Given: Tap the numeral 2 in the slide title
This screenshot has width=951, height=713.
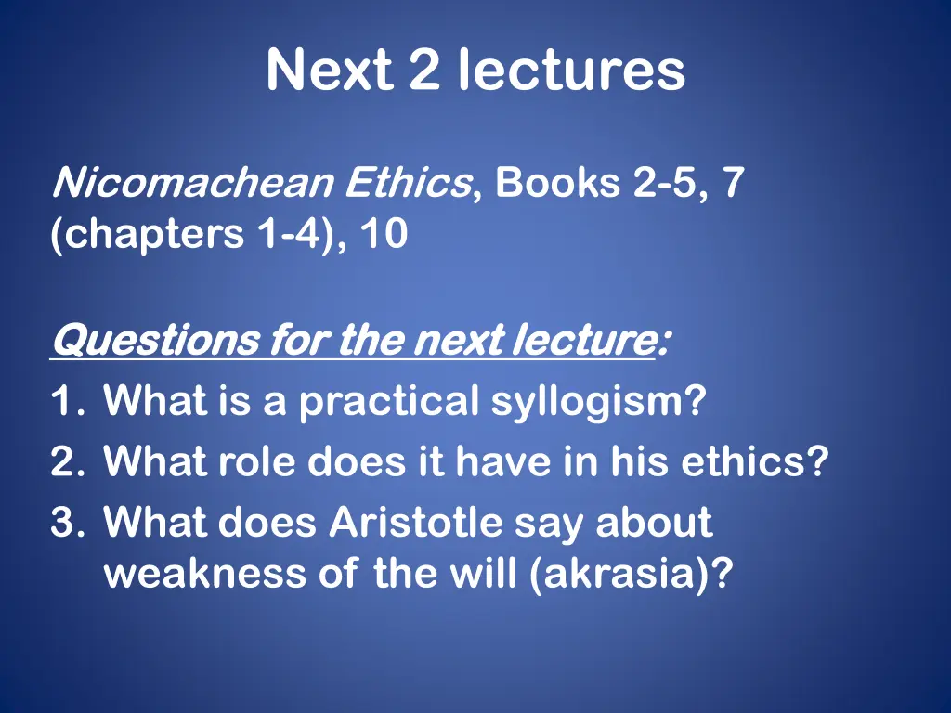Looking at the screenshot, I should [424, 71].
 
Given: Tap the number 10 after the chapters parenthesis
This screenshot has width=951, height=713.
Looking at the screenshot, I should [384, 234].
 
